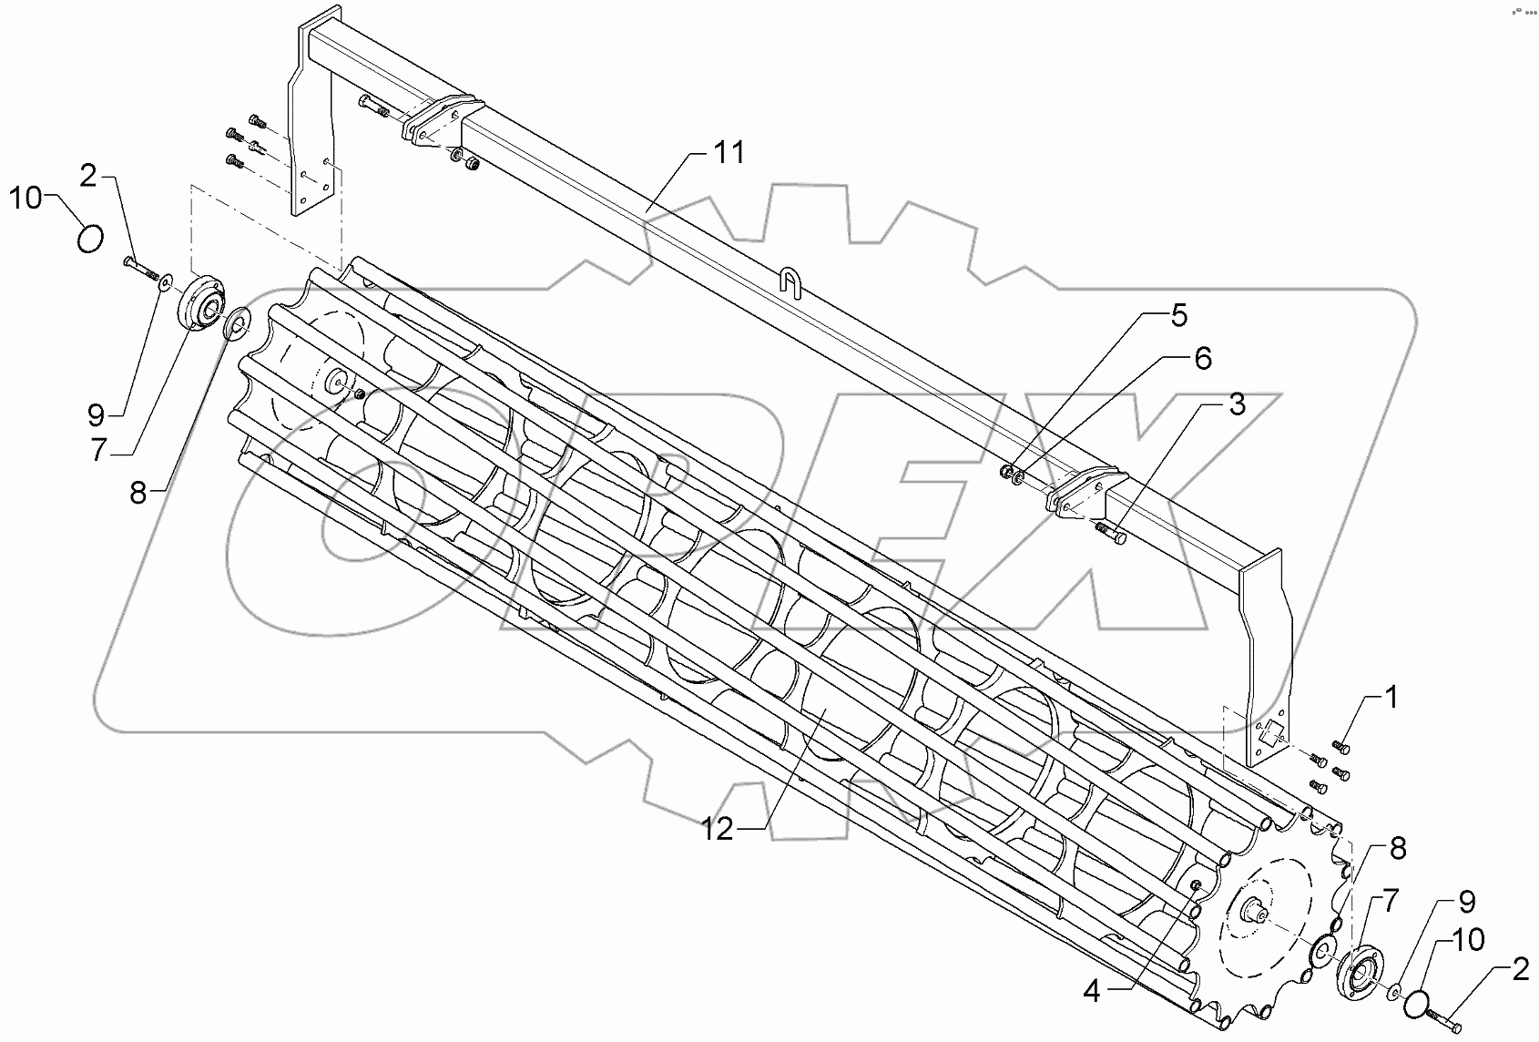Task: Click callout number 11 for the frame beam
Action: pos(728,152)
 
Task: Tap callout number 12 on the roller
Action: pos(717,831)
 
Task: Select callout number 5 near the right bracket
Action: pos(1178,316)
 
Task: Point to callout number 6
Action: pos(1202,359)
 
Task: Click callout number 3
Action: pos(1236,405)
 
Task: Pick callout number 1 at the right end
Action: pos(1390,699)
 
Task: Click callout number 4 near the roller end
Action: pos(1092,992)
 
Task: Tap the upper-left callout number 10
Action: pos(26,197)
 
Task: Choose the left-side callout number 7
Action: pos(100,450)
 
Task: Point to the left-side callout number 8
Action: pos(138,493)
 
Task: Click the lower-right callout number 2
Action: pos(1519,971)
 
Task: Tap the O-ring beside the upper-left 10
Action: pos(89,240)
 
